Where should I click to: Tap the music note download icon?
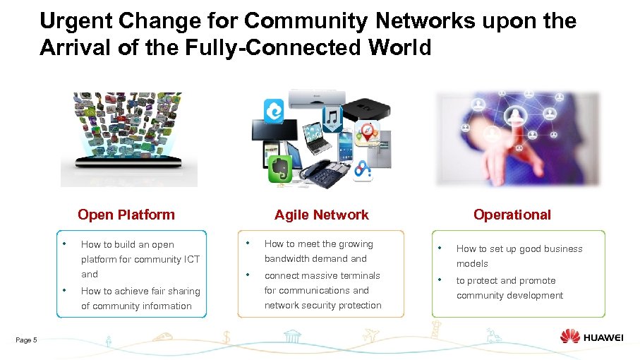pos(333,119)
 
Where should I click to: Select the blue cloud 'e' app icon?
pos(273,112)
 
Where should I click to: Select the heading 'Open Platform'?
pos(126,215)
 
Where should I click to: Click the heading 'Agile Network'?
pos(321,215)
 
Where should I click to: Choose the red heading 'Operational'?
pos(512,215)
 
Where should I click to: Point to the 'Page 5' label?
pos(26,340)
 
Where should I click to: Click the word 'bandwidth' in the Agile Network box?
pos(286,259)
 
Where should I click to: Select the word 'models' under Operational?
pos(472,263)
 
